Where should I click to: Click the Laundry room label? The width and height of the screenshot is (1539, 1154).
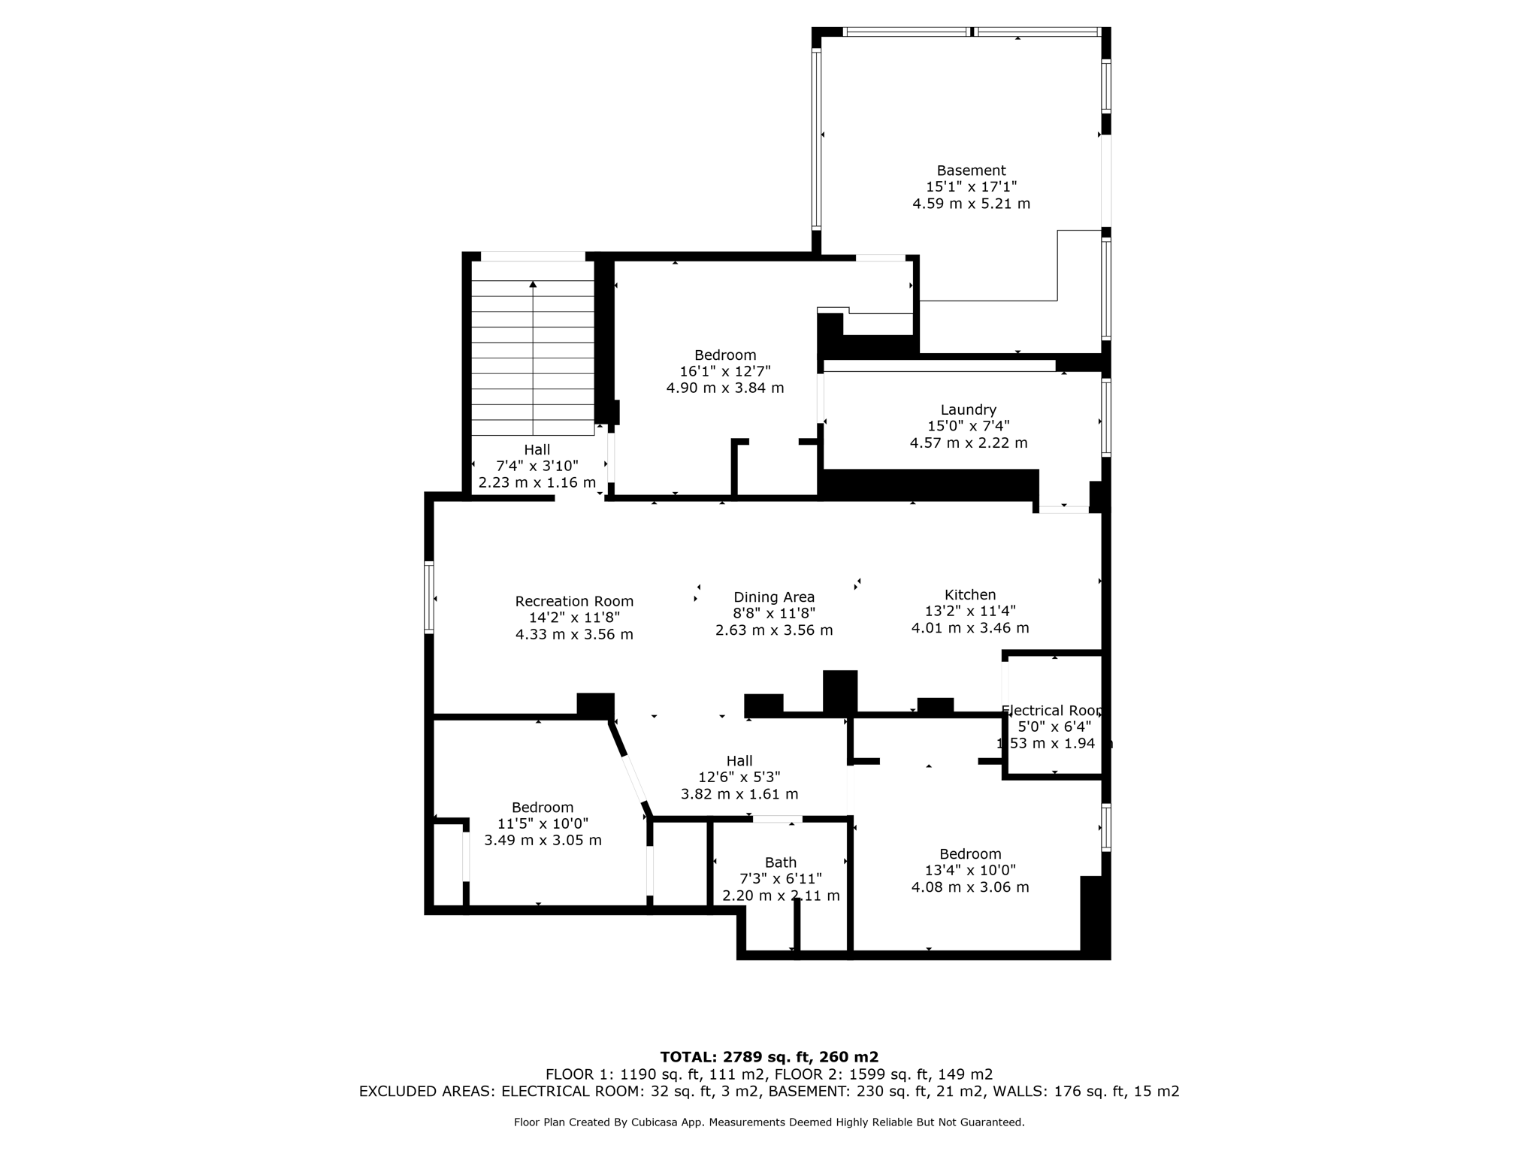[x=968, y=409]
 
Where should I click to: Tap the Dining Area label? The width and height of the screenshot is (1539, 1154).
[x=774, y=597]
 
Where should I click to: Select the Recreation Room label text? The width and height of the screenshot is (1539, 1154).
[x=574, y=601]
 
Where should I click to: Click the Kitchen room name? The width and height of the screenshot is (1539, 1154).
[x=970, y=594]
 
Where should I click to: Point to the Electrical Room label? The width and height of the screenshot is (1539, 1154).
[x=1052, y=710]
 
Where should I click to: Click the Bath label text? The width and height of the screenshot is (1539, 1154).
[x=780, y=862]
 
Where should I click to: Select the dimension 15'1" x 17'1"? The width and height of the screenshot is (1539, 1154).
[x=971, y=187]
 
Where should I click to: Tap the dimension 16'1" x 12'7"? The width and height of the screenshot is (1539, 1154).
[x=725, y=371]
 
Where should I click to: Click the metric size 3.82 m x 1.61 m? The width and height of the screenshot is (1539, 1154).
[x=739, y=794]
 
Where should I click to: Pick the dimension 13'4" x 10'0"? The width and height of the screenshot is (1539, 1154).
[x=970, y=870]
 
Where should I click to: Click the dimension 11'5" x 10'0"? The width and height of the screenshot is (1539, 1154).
[x=543, y=823]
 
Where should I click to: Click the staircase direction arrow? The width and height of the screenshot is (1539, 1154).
[x=533, y=285]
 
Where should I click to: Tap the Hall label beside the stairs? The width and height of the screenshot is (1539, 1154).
[x=537, y=449]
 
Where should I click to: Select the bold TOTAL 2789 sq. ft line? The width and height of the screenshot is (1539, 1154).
[x=769, y=1057]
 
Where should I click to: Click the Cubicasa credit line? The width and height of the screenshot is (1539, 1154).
[x=769, y=1122]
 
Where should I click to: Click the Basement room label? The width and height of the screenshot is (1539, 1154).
[x=971, y=171]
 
